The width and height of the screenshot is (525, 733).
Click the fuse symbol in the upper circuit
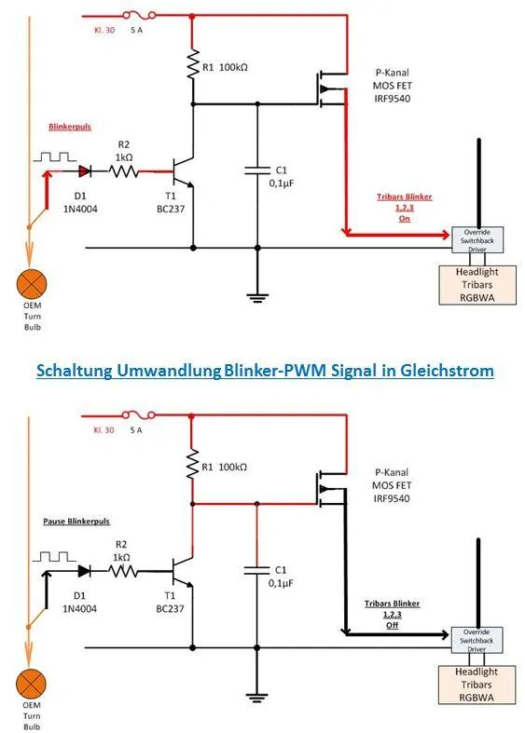coord(139,16)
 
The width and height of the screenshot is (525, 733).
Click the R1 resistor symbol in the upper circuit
coord(193,64)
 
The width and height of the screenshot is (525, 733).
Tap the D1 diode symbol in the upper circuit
coord(85,171)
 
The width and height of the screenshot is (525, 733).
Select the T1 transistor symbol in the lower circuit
coord(182,571)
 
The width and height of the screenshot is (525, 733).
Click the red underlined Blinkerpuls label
coord(70,127)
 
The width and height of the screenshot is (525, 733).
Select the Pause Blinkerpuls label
coord(76,522)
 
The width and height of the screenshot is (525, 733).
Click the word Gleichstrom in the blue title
coord(447,371)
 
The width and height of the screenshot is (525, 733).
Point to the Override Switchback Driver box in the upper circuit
coord(477,240)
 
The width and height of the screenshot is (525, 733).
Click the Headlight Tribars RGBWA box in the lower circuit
coord(477,685)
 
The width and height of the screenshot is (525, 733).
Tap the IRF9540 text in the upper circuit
coord(392,99)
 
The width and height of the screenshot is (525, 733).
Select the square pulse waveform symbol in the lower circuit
coord(54,557)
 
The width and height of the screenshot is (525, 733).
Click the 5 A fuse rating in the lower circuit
coord(136,430)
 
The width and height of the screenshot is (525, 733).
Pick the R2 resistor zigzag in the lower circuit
coord(123,571)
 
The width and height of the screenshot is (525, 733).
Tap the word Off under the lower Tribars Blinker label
coord(392,625)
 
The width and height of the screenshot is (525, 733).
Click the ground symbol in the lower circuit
coord(256,698)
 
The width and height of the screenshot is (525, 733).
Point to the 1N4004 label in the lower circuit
coord(79,608)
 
